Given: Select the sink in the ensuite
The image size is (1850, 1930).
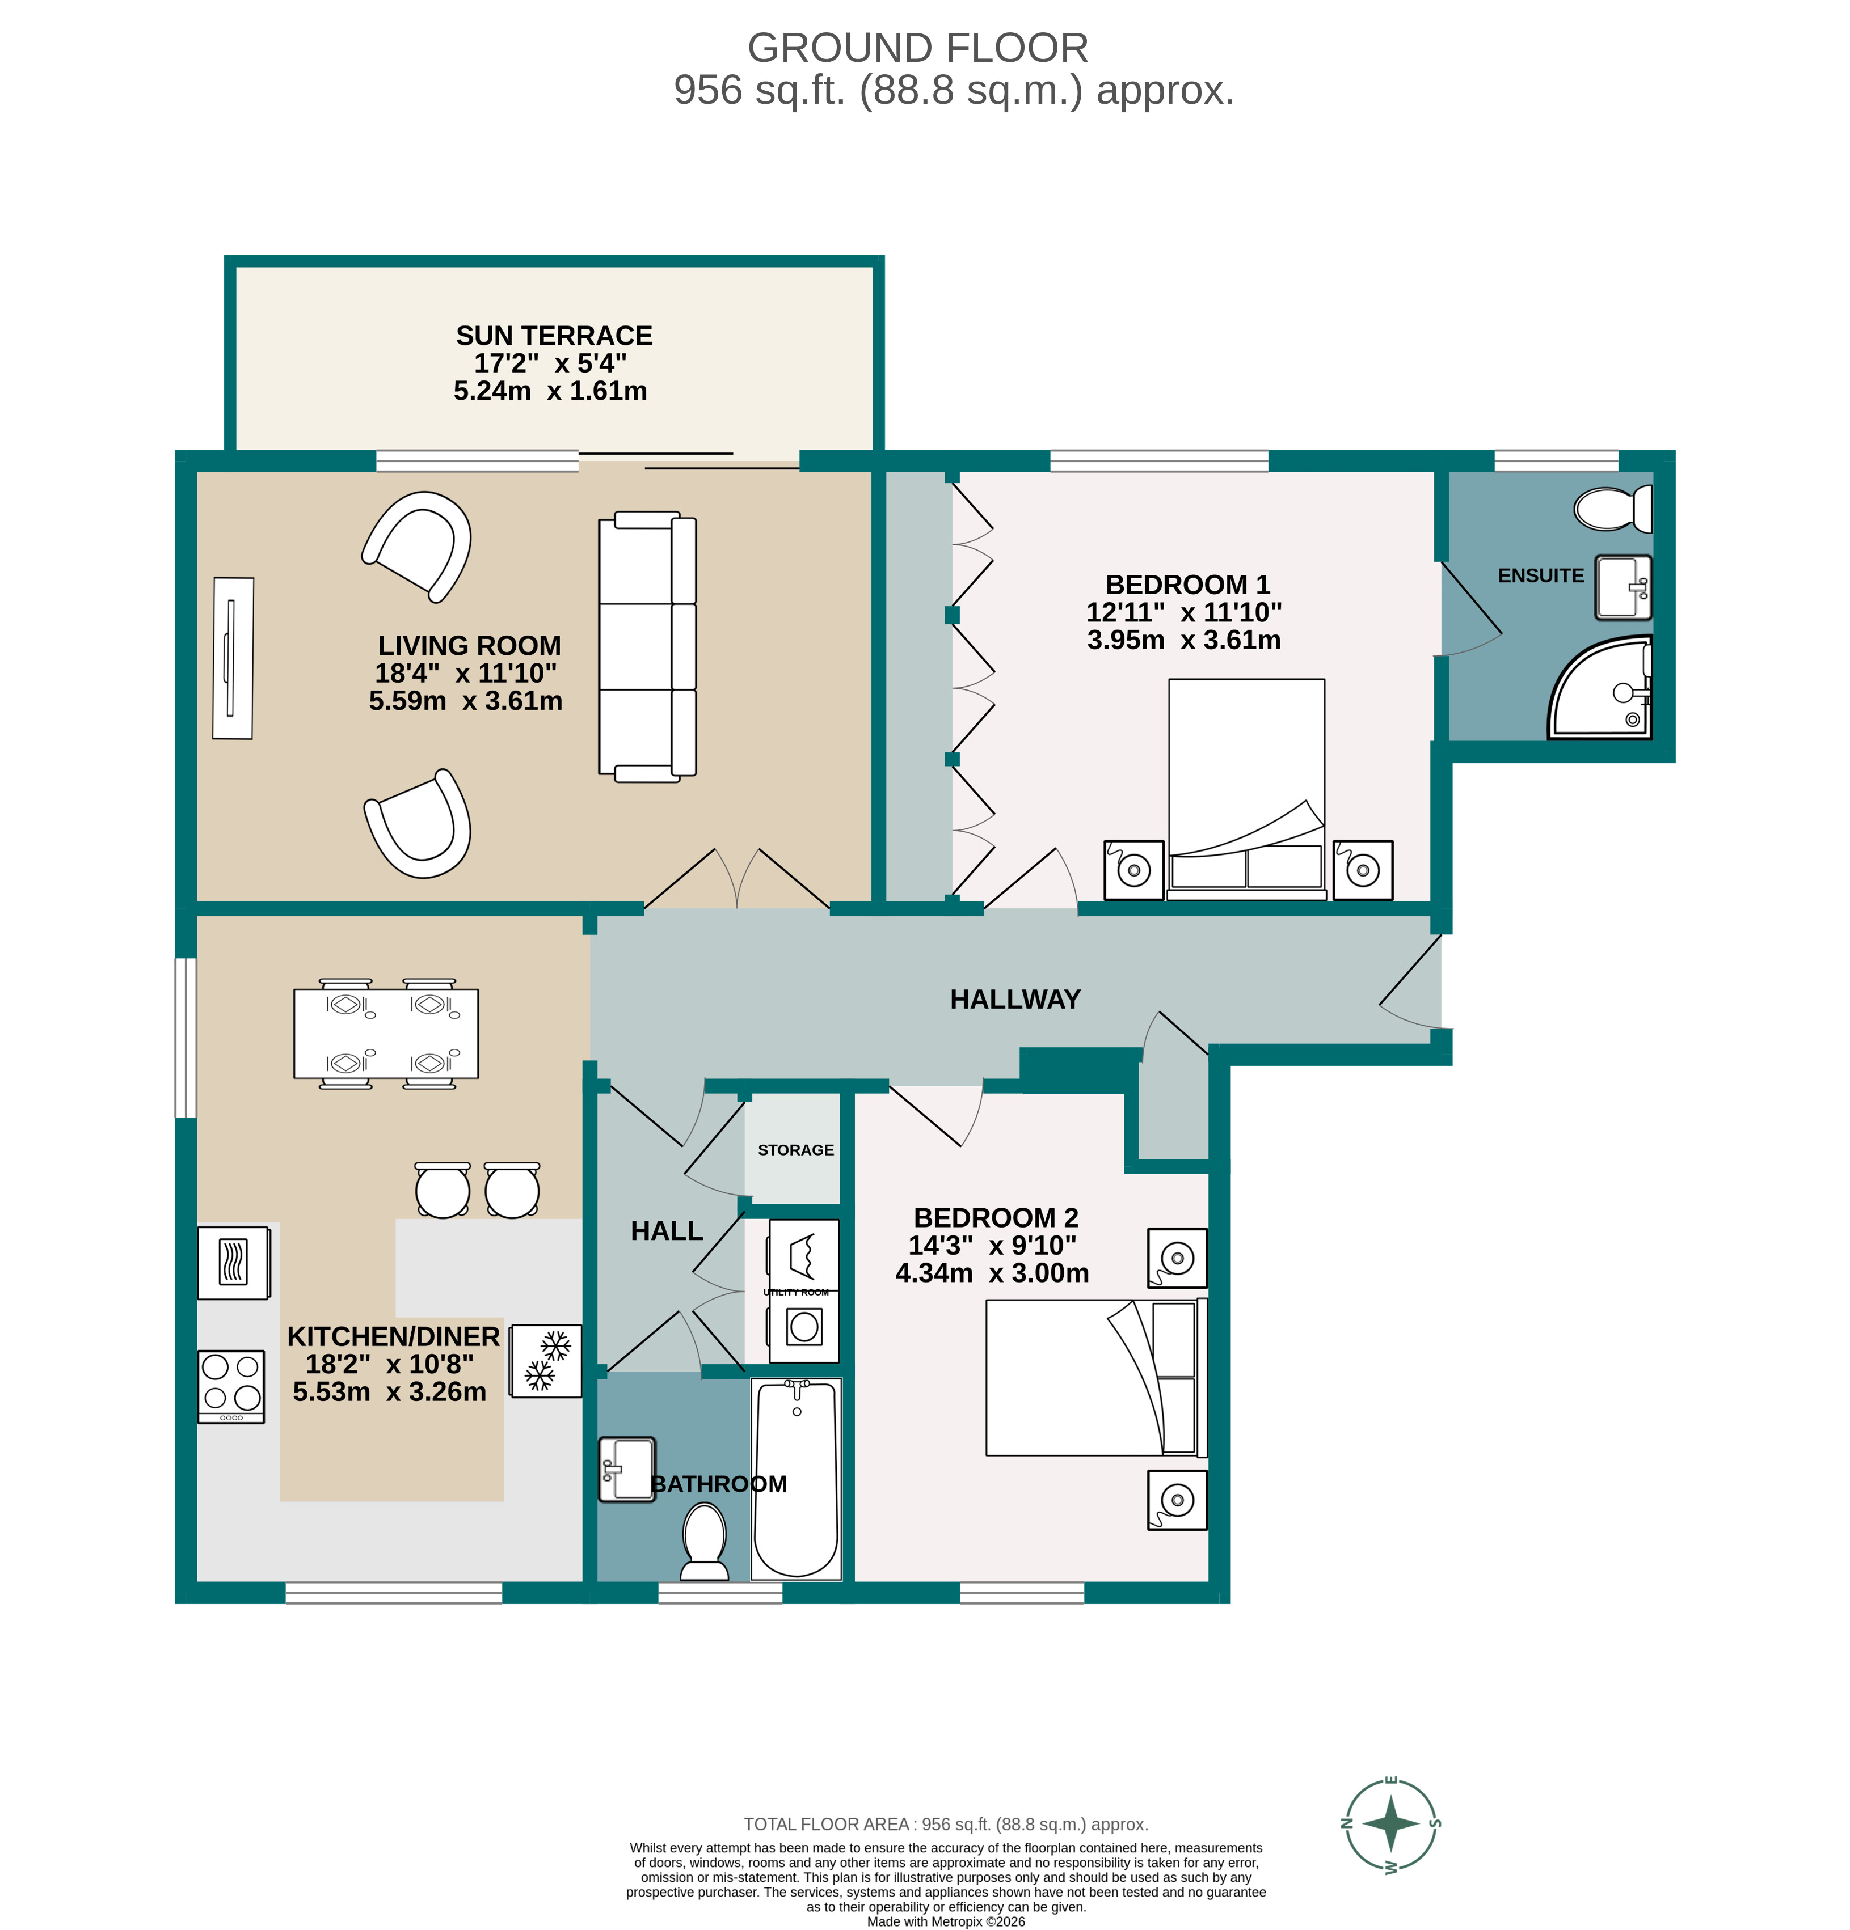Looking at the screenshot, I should (x=1621, y=588).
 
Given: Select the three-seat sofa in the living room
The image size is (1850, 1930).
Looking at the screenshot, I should (x=646, y=647).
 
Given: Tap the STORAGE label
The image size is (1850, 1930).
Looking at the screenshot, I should (x=795, y=1150).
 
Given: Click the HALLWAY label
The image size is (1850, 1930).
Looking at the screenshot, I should (x=1015, y=1000).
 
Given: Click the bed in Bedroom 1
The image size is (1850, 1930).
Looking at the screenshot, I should (x=1246, y=788).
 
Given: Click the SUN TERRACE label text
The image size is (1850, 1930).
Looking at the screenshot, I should (x=554, y=336).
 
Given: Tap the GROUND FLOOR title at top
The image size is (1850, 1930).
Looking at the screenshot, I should (x=917, y=48).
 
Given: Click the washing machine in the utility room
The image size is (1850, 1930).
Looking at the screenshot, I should (x=804, y=1326).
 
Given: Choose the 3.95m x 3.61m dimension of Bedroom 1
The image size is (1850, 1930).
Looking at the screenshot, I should (x=1183, y=640).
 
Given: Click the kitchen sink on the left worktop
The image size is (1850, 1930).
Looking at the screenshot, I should (x=234, y=1262).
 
